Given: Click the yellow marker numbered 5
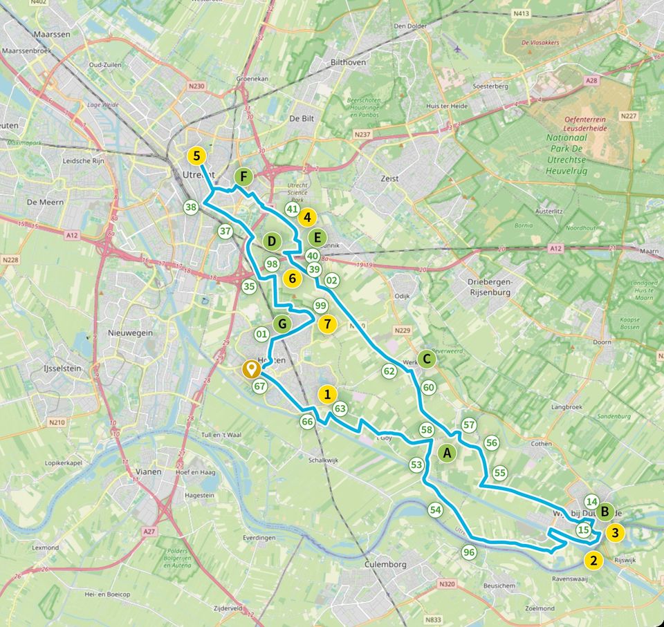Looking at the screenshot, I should (197, 156).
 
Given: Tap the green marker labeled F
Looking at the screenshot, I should (243, 177).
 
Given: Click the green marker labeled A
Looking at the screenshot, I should (448, 453).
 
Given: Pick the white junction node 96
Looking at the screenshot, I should (469, 552).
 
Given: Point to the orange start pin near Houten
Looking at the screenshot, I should (250, 370).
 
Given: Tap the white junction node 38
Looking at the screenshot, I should (191, 207).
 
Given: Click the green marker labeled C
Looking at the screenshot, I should (427, 358).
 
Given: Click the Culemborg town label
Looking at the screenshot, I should (385, 564).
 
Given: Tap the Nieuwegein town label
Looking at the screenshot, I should (129, 333).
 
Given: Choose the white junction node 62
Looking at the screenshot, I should (389, 371).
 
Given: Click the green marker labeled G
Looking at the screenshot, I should (282, 323).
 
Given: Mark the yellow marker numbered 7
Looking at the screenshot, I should (327, 323).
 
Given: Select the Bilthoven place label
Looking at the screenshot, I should (348, 62).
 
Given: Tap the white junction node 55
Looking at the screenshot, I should (499, 473).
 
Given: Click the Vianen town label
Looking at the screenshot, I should (149, 471).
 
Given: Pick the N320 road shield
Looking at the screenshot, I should (447, 584).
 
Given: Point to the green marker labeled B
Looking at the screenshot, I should (605, 512).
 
